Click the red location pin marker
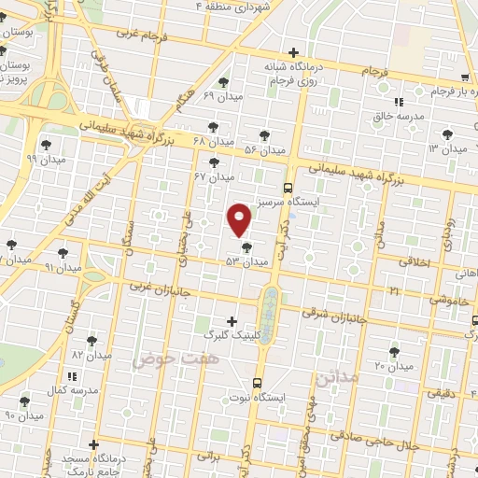click(240, 218)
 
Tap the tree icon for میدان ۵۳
click(246, 247)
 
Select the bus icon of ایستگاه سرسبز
click(288, 186)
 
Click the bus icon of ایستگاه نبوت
click(258, 382)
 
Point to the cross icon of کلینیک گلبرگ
click(232, 321)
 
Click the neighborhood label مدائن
click(338, 378)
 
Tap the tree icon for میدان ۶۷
click(215, 162)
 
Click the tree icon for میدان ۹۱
click(63, 252)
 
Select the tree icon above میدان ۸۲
click(91, 341)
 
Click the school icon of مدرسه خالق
click(399, 102)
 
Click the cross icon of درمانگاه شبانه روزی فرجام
click(294, 52)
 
